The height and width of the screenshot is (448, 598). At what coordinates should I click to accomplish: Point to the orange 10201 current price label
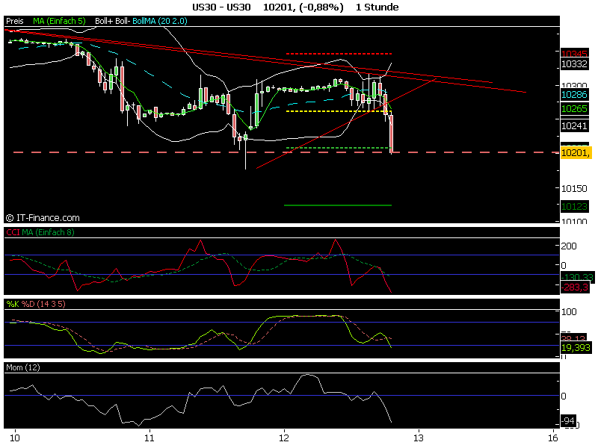575,152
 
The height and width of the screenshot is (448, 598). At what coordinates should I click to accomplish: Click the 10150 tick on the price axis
573,188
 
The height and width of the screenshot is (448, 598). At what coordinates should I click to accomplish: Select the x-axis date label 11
150,435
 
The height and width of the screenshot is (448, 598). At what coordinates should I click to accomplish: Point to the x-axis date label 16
554,435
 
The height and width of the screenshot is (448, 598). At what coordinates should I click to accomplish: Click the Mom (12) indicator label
23,368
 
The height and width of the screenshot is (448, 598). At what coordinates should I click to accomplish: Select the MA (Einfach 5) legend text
60,22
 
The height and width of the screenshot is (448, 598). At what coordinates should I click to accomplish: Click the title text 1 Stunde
377,7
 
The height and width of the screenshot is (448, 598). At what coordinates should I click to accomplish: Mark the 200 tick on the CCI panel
570,246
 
